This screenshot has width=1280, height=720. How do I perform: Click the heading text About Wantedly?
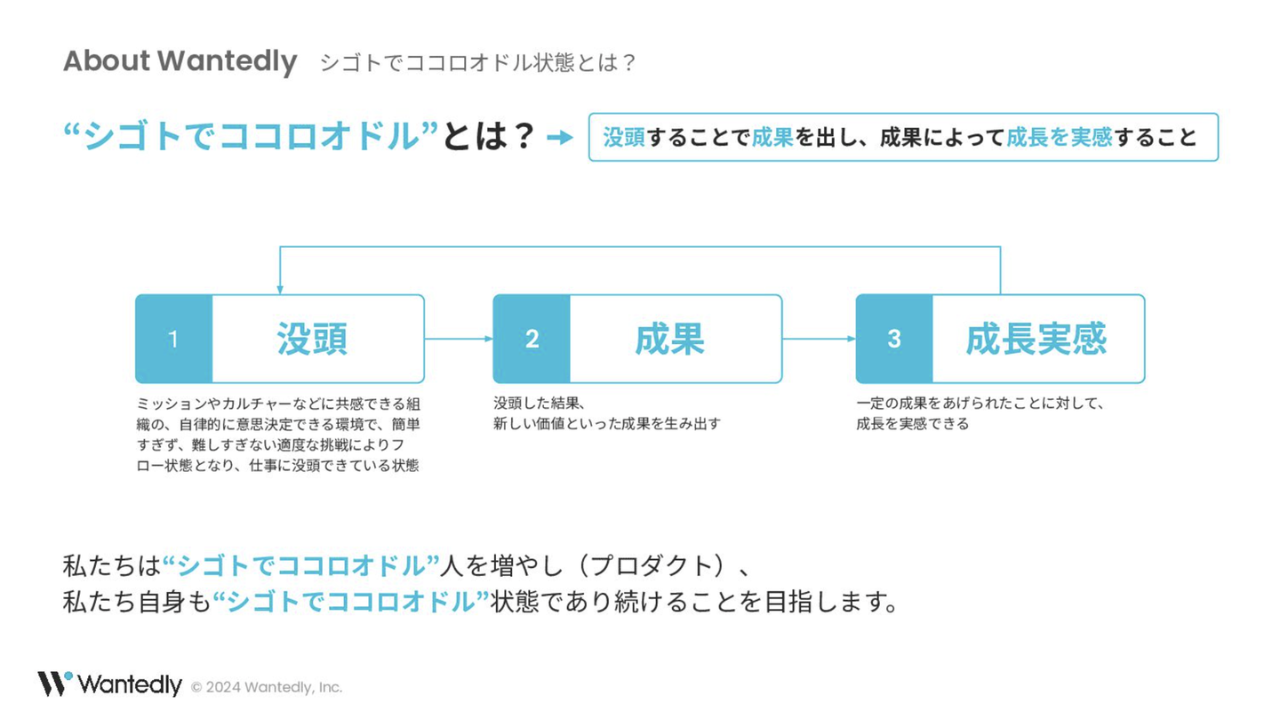(x=180, y=61)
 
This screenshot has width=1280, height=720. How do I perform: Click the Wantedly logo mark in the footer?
(x=53, y=684)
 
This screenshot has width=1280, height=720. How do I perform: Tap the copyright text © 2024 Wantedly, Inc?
(x=267, y=687)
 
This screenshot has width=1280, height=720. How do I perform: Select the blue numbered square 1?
(x=173, y=339)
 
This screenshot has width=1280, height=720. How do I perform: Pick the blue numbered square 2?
(x=532, y=339)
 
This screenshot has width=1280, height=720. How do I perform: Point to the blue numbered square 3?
(x=894, y=339)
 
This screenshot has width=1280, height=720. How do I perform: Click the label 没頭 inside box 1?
(x=312, y=339)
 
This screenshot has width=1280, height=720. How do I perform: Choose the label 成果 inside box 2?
(x=669, y=339)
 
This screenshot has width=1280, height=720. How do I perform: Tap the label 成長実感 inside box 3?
(x=1036, y=339)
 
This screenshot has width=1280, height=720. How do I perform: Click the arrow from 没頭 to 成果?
(x=459, y=339)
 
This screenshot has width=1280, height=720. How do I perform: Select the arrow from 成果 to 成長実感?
(x=819, y=339)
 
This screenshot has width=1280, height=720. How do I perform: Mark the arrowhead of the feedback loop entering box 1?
(x=280, y=289)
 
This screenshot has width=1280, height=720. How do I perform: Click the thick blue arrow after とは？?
(x=559, y=138)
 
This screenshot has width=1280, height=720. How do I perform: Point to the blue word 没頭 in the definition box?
(x=624, y=137)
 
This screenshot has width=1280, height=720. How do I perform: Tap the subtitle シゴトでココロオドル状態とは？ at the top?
(x=478, y=63)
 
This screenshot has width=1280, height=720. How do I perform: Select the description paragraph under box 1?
(x=277, y=434)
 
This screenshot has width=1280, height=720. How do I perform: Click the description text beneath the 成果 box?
(x=606, y=413)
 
